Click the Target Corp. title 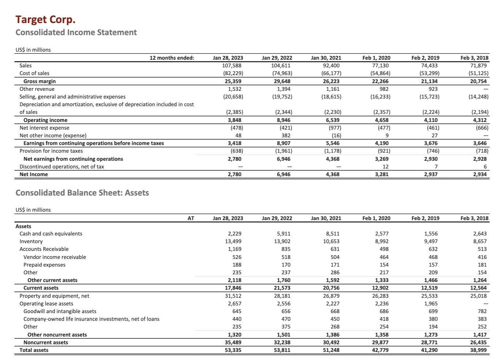coord(45,19)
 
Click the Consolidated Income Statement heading coord(76,32)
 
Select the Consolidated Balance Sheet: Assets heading coord(82,193)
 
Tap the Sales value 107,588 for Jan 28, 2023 coord(232,66)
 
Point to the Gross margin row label coord(40,81)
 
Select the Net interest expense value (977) coord(335,128)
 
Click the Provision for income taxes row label coord(51,151)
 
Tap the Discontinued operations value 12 coord(385,167)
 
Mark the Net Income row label coord(34,174)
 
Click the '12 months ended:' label coord(172,58)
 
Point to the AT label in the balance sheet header coord(191,218)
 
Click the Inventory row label coord(31,241)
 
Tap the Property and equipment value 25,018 coord(479,296)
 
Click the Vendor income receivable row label coord(55,257)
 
